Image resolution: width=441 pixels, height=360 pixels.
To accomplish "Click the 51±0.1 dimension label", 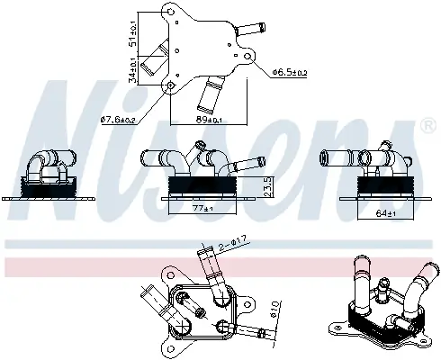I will (133, 33).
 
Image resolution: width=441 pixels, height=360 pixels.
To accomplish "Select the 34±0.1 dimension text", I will (133, 67).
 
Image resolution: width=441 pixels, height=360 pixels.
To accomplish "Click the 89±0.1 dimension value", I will (210, 119).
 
